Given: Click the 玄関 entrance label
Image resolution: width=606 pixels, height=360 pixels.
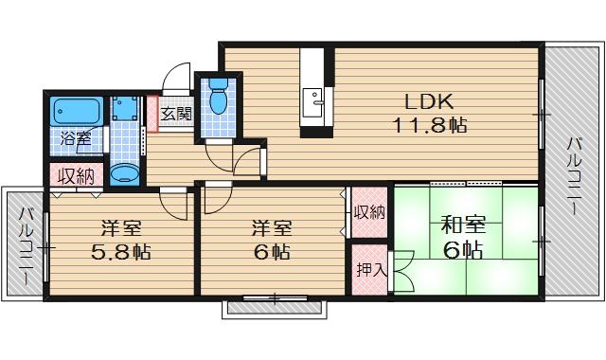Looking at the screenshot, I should point(175,114).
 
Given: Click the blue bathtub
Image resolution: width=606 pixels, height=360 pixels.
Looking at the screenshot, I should point(77,111).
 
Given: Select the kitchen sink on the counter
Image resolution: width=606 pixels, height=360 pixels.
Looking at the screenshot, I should point(313,97).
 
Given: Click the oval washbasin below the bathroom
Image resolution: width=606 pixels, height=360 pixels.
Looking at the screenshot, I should point(124,173).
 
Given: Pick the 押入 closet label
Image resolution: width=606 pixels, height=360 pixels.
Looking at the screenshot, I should point(371,270).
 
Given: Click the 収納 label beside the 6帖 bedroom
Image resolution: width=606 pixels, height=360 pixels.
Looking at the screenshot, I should point(371,212).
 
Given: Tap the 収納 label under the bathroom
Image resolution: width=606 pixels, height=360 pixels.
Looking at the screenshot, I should point(76,176).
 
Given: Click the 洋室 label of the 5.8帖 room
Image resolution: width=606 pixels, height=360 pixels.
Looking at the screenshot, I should point(120,228).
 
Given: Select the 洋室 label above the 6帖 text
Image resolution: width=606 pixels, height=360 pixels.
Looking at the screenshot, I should point(270,228).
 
